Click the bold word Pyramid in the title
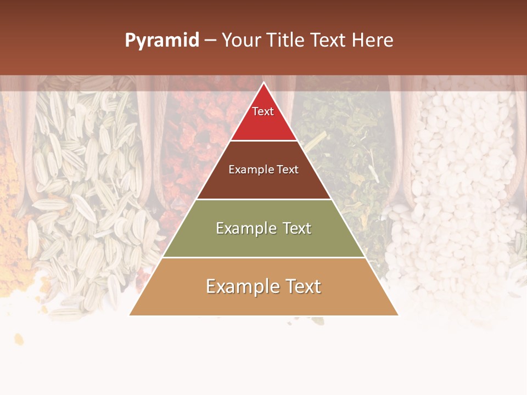click(x=161, y=41)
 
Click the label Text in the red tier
click(x=263, y=111)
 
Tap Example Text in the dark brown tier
click(x=263, y=170)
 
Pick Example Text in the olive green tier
click(x=263, y=228)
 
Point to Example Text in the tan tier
click(x=263, y=286)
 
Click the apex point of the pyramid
click(x=263, y=83)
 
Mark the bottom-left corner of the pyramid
click(x=130, y=315)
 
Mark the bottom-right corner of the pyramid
click(x=397, y=315)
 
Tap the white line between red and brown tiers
click(x=263, y=141)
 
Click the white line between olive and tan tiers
click(x=263, y=257)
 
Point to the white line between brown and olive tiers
click(x=263, y=199)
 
